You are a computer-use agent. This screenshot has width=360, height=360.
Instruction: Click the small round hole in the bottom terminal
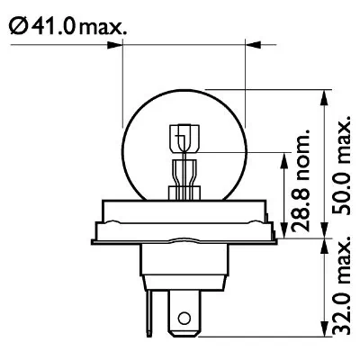[x=184, y=318]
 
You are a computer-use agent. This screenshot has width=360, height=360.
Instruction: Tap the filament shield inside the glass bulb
[x=183, y=140]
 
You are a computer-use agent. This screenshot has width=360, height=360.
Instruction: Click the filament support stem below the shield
[x=183, y=175]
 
